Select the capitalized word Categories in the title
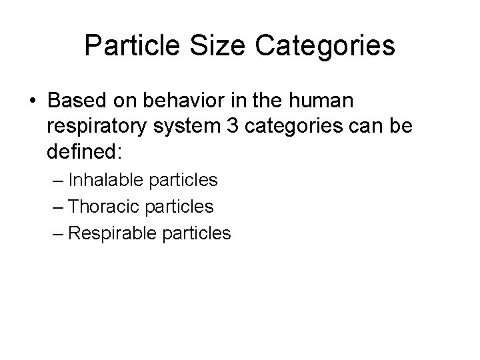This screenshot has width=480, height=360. [x=325, y=46]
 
